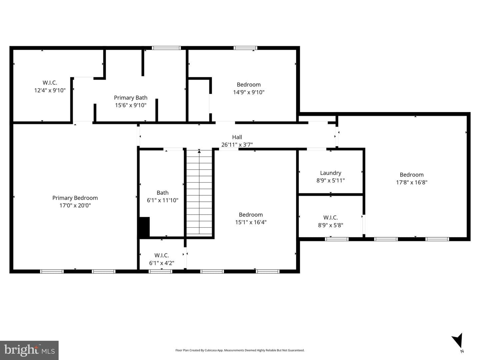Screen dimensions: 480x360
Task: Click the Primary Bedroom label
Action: [x=75, y=198]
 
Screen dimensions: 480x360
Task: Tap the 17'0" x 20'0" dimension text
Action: [x=75, y=205]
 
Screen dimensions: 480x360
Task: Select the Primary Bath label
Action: [x=131, y=98]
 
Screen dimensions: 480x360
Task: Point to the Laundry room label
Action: [x=330, y=173]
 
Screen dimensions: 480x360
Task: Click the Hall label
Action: [x=237, y=137]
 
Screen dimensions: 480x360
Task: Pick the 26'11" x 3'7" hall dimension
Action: [x=237, y=145]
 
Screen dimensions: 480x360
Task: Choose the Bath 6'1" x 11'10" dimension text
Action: [x=162, y=200]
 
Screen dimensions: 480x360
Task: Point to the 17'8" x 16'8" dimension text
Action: [x=412, y=182]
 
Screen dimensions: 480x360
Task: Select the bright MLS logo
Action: [x=29, y=350]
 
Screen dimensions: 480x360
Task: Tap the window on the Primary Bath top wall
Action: [x=166, y=48]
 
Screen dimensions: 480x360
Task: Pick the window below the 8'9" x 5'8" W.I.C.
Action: [x=337, y=239]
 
